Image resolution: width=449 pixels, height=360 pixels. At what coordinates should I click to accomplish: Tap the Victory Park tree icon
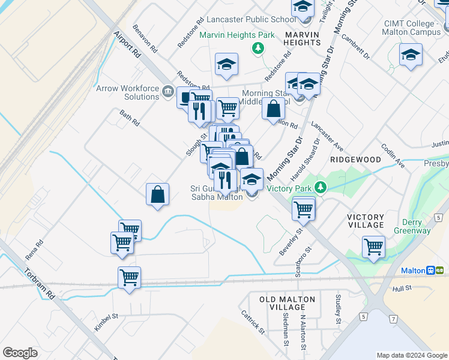321,188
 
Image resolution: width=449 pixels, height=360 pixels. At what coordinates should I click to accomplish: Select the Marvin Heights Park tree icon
258,47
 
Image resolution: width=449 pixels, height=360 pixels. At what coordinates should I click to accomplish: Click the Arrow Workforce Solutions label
127,92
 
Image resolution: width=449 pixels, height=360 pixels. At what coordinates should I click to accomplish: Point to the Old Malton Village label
288,303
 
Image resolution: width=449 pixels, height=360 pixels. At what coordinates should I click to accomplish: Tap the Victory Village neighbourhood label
366,221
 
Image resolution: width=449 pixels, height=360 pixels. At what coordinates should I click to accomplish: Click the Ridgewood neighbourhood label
355,160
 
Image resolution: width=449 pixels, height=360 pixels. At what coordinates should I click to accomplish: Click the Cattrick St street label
253,322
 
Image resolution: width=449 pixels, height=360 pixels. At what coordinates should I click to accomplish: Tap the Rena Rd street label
34,250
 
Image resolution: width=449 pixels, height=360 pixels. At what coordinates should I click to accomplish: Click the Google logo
20,353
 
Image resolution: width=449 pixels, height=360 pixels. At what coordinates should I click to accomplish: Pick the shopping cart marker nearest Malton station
373,247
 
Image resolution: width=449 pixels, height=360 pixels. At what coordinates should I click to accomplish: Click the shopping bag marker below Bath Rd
157,194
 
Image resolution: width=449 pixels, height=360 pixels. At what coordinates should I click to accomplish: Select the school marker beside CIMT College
411,55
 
